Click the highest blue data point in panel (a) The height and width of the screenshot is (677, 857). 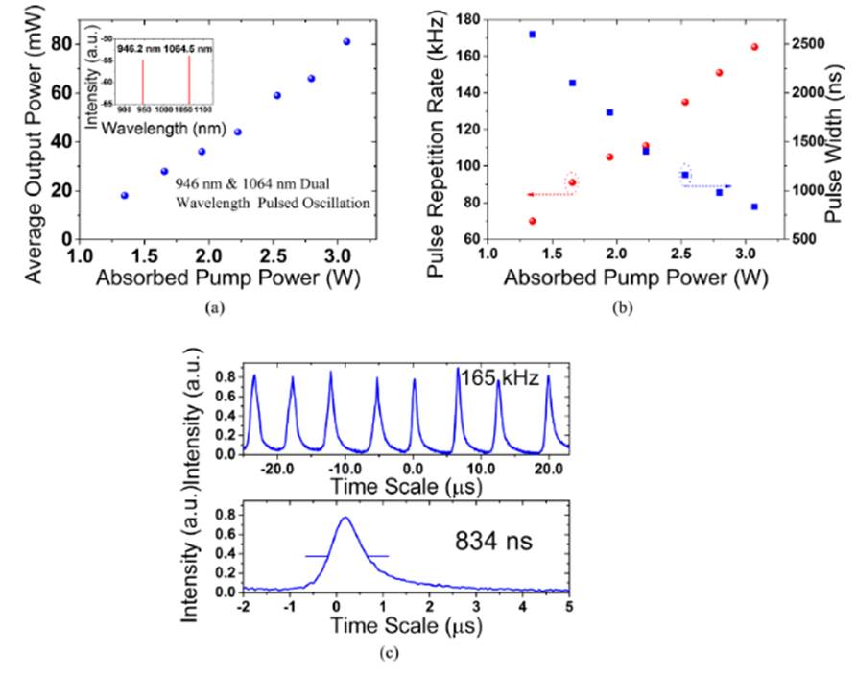tap(346, 42)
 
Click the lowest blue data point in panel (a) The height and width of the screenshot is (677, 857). tap(124, 195)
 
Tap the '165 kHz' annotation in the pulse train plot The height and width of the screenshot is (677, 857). tap(491, 377)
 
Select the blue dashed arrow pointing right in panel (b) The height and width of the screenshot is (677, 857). tap(708, 186)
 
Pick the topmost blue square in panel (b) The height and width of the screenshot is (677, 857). tap(532, 34)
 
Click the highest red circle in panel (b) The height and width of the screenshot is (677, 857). tap(754, 46)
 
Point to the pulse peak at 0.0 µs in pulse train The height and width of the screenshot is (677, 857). tap(415, 380)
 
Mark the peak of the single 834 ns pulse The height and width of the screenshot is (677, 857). tap(345, 518)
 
